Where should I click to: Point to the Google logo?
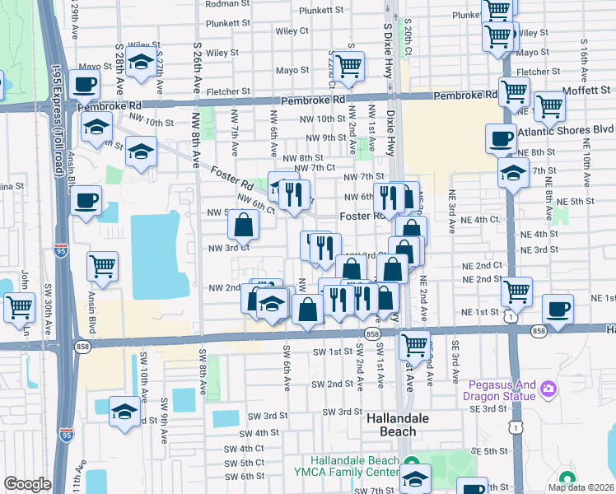point(27,484)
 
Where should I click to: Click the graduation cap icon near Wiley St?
point(142,62)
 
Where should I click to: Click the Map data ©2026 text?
point(581,487)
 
